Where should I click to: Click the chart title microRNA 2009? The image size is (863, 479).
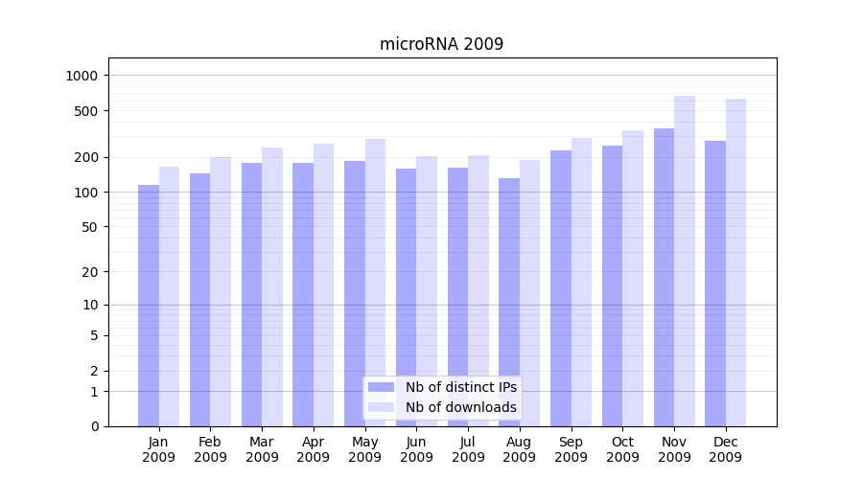441,44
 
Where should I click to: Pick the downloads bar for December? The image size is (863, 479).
735,262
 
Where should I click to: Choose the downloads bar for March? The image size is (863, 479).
272,286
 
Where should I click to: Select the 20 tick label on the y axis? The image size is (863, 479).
90,272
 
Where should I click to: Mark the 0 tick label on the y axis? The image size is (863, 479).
94,426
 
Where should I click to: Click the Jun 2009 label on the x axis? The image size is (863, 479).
416,449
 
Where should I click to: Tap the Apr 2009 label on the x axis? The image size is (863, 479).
314,449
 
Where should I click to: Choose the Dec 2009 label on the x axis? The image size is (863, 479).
726,449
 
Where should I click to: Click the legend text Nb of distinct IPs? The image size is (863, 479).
460,387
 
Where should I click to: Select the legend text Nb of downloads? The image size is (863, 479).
460,407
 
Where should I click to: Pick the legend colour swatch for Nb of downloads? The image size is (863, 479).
381,407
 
